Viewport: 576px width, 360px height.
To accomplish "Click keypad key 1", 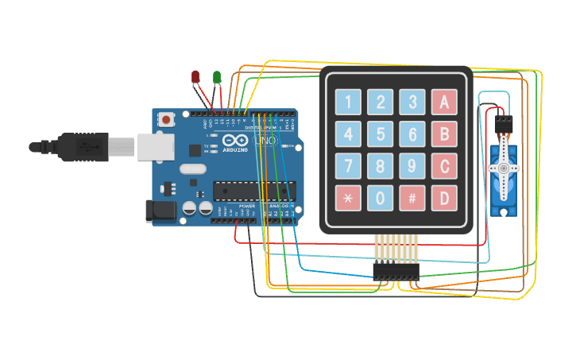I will click(348, 102).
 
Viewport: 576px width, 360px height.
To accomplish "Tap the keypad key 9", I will click(412, 166).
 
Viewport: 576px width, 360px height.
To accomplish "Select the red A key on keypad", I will click(444, 102).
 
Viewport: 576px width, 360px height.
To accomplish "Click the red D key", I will click(444, 198).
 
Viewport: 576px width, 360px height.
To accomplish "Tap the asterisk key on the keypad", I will click(348, 198).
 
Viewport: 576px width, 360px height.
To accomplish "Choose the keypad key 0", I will click(380, 198).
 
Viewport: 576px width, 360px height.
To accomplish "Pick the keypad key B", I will click(444, 134).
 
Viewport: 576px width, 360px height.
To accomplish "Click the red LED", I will click(195, 76).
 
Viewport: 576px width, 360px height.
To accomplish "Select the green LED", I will click(217, 76).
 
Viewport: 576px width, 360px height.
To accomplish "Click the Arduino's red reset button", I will click(167, 120).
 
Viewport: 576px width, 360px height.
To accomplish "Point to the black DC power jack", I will click(159, 211).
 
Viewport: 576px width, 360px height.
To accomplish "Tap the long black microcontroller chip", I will click(254, 191).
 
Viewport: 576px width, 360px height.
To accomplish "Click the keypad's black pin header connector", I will click(396, 271).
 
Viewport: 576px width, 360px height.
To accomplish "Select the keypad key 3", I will click(412, 102).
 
